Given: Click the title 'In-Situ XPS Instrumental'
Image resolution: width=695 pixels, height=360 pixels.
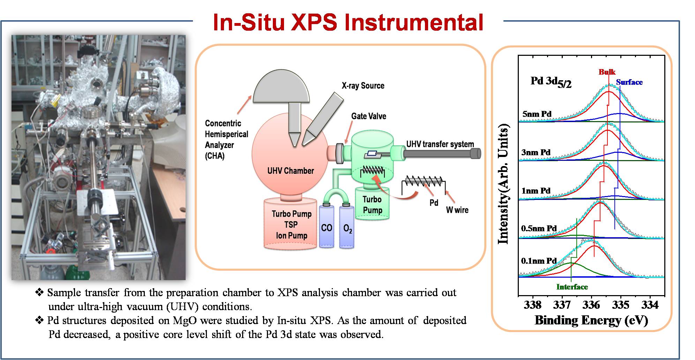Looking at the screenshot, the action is (348, 23).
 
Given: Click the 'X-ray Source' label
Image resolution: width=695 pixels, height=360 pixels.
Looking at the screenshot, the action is (363, 86).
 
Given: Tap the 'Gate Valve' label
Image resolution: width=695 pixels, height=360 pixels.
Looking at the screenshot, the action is (368, 116).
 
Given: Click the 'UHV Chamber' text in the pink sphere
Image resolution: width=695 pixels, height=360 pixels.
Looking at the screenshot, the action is (290, 171).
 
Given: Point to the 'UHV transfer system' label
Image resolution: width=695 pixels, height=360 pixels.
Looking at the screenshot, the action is (440, 144).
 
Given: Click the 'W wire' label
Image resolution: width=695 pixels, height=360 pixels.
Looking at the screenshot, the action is (457, 210).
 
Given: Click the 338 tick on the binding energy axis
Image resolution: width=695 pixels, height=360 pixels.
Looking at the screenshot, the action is (532, 305).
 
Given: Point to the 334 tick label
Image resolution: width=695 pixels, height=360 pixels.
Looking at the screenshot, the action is (650, 305).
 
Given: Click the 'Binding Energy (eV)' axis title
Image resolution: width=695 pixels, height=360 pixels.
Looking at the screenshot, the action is (591, 320).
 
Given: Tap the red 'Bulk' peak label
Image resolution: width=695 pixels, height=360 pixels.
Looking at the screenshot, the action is (607, 72).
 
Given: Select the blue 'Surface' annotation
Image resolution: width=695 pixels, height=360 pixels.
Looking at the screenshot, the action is (629, 82).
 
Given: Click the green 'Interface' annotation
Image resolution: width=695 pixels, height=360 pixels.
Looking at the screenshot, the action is (572, 287).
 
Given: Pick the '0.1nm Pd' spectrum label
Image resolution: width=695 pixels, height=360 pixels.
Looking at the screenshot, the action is (539, 261).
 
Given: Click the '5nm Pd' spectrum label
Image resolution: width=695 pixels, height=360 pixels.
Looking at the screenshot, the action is (537, 114).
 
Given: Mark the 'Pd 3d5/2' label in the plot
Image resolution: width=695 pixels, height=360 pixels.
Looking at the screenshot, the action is (551, 82).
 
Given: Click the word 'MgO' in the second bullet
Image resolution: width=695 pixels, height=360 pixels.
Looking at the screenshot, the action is (185, 320).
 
